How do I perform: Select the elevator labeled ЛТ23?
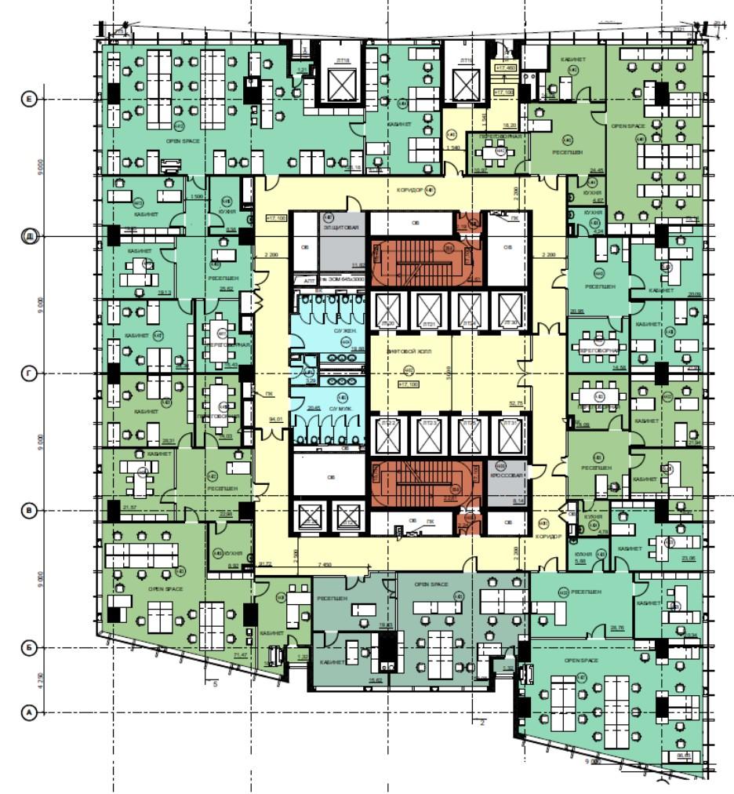point(428,433)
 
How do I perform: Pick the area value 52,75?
point(516,403)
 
